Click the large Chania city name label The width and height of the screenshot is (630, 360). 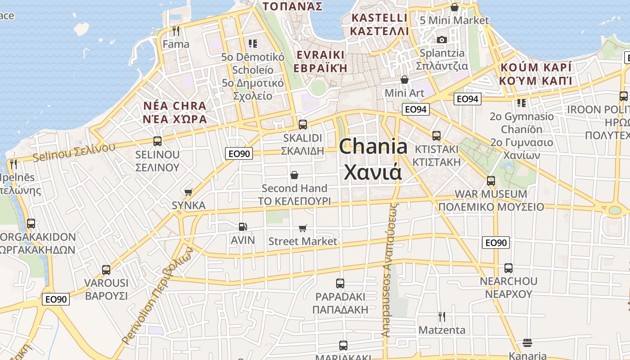pyautogui.click(x=373, y=159)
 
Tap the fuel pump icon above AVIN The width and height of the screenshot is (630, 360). pyautogui.click(x=243, y=227)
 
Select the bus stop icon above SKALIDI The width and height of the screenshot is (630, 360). pyautogui.click(x=303, y=125)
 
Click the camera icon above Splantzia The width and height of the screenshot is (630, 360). pyautogui.click(x=442, y=40)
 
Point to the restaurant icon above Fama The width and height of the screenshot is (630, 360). pyautogui.click(x=176, y=31)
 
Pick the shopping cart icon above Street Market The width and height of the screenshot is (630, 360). pyautogui.click(x=303, y=229)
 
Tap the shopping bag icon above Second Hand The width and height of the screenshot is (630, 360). pyautogui.click(x=294, y=175)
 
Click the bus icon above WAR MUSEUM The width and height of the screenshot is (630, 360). pyautogui.click(x=491, y=181)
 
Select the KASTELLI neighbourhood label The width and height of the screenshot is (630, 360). pyautogui.click(x=379, y=24)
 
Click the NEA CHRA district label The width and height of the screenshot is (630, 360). pyautogui.click(x=175, y=112)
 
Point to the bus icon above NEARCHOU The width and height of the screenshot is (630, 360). pyautogui.click(x=508, y=268)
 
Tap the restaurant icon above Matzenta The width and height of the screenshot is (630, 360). pyautogui.click(x=442, y=317)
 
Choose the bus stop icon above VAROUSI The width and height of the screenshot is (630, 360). pyautogui.click(x=106, y=270)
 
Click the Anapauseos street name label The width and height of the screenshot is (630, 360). pyautogui.click(x=390, y=270)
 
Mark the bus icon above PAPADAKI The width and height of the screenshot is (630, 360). pyautogui.click(x=340, y=283)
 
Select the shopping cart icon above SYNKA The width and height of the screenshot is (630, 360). pyautogui.click(x=189, y=192)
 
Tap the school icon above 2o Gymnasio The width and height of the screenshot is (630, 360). pyautogui.click(x=522, y=103)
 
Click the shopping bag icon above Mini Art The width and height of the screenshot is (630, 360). pyautogui.click(x=405, y=80)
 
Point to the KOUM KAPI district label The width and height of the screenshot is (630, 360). pyautogui.click(x=535, y=74)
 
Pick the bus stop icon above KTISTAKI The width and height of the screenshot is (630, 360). pyautogui.click(x=436, y=136)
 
